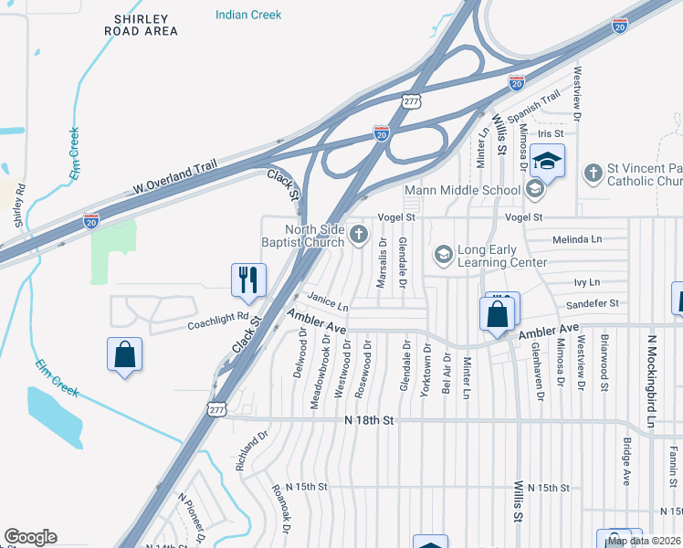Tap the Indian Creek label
point(248,15)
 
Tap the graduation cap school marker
point(547,161)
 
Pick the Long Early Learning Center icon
point(443,254)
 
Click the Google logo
point(30,537)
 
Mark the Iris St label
point(577,133)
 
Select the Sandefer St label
point(593,302)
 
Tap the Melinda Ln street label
point(578,239)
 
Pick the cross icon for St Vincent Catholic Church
point(593,172)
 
